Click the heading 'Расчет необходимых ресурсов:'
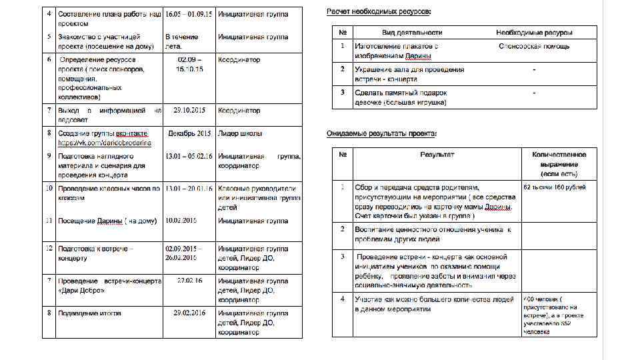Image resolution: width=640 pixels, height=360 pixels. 378,13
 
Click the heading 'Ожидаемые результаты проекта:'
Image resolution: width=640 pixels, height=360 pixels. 381,134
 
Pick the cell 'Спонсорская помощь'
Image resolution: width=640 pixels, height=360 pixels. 534,46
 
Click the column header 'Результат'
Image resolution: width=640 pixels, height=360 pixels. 437,155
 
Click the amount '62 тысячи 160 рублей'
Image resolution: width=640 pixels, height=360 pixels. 555,187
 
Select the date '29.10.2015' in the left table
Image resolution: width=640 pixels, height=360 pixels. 189,110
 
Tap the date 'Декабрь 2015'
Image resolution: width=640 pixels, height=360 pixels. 189,133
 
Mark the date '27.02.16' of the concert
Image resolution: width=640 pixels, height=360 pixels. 190,281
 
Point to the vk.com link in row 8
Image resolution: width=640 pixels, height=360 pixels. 105,143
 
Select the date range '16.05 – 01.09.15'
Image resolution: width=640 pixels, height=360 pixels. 189,13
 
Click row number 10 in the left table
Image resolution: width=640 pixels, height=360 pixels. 49,189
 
